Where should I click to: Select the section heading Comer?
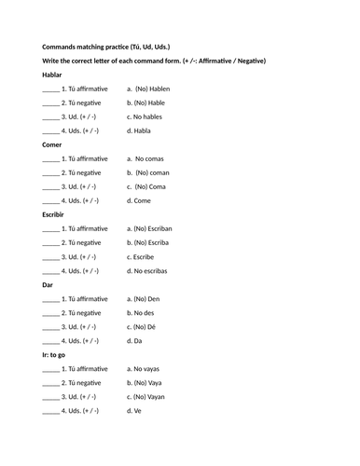(54, 144)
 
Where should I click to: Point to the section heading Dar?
(48, 284)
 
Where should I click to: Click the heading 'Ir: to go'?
(58, 354)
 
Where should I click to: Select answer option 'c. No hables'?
(149, 116)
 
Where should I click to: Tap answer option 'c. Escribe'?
(145, 256)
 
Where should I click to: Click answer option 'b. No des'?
(145, 312)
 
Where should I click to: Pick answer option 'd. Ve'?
(137, 410)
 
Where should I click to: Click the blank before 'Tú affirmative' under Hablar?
(50, 89)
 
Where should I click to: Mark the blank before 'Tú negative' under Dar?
(50, 313)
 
